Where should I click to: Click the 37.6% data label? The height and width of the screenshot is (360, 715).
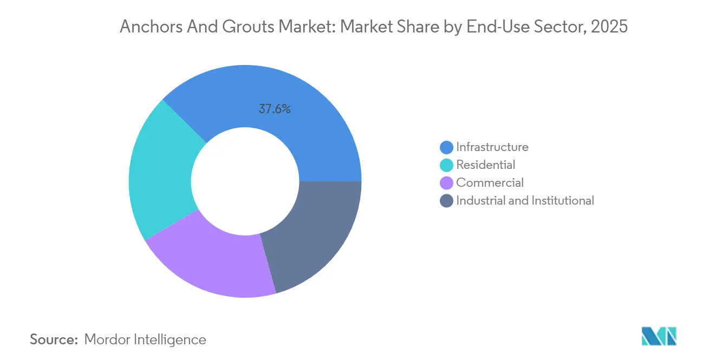click(275, 109)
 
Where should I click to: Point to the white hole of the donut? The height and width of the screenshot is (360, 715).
click(245, 181)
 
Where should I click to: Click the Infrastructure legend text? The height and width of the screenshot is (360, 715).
click(492, 147)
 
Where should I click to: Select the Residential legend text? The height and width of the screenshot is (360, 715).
click(485, 165)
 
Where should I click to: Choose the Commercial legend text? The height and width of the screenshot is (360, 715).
click(490, 182)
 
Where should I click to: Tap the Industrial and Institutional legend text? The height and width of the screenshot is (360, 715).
click(525, 200)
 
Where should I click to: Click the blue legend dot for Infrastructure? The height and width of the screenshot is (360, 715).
click(447, 147)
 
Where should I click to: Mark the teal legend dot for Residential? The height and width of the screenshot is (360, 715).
click(447, 165)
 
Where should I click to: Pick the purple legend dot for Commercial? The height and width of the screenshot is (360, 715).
click(447, 183)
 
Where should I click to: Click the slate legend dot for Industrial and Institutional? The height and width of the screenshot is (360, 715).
click(447, 201)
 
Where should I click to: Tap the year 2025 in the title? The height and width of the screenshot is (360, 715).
click(610, 27)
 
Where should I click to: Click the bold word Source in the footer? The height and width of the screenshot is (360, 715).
click(54, 339)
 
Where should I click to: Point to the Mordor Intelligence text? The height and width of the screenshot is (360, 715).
click(145, 339)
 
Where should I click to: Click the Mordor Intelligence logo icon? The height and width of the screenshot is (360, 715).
click(659, 336)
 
